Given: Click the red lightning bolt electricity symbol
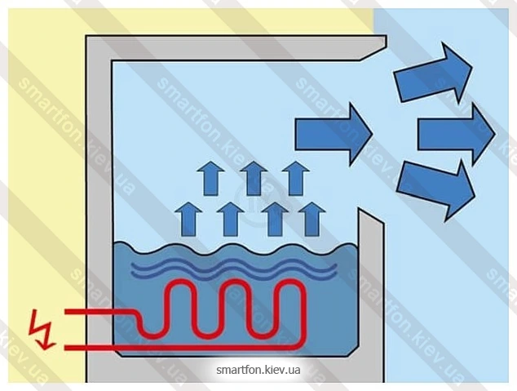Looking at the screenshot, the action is (x=42, y=329).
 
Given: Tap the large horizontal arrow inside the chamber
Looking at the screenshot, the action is (x=334, y=134).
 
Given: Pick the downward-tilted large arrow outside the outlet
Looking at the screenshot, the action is (x=436, y=189).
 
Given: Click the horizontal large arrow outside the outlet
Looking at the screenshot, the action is (x=457, y=135).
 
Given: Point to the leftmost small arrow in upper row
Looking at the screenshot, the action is (x=210, y=179).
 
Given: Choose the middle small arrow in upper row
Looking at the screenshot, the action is (x=254, y=179).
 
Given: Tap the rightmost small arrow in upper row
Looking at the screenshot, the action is (x=296, y=179).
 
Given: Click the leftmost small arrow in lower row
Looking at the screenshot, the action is (x=188, y=219).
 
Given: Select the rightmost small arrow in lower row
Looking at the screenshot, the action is (x=312, y=219).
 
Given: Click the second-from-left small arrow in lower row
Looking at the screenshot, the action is (x=231, y=219).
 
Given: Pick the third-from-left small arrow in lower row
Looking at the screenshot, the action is (x=276, y=219).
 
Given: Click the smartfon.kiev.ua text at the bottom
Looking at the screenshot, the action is (x=258, y=370).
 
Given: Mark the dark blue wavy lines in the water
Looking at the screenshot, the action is (x=234, y=269).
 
